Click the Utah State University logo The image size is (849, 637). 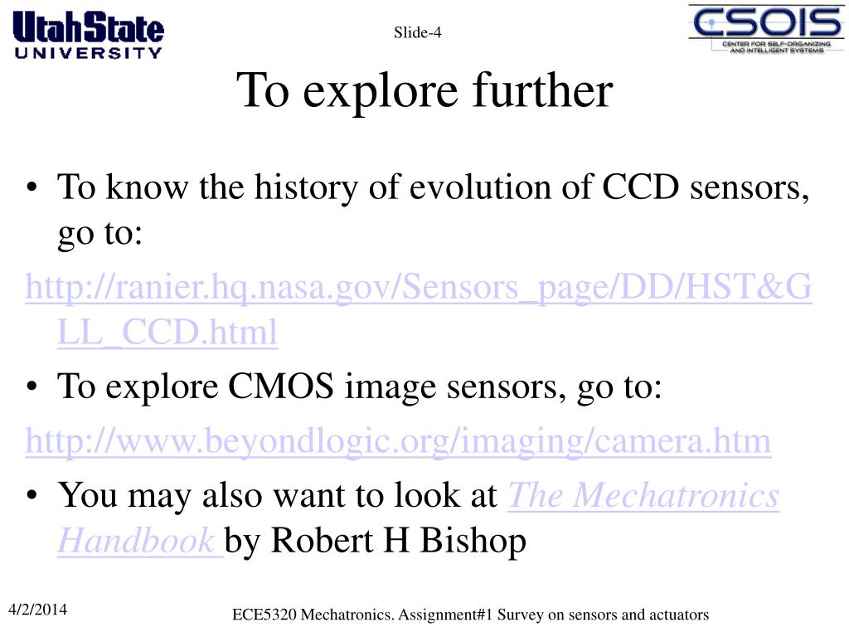click(x=88, y=35)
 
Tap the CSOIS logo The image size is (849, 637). click(x=766, y=29)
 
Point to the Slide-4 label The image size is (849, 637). click(x=418, y=32)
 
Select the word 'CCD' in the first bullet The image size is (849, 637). click(x=641, y=187)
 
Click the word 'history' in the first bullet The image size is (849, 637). click(x=306, y=188)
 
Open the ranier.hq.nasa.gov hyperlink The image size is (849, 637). click(x=419, y=309)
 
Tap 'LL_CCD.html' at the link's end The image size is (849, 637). click(x=167, y=332)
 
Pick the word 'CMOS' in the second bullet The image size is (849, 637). click(x=280, y=387)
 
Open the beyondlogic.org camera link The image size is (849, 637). click(x=398, y=441)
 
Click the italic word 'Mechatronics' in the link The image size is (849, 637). click(x=676, y=495)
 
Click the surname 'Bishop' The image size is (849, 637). click(x=473, y=541)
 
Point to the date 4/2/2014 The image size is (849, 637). click(x=38, y=610)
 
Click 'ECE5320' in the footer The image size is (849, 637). click(x=264, y=615)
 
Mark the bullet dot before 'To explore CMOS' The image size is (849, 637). click(x=32, y=387)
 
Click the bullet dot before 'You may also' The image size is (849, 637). click(x=32, y=495)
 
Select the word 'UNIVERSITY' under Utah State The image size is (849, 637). click(x=88, y=52)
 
